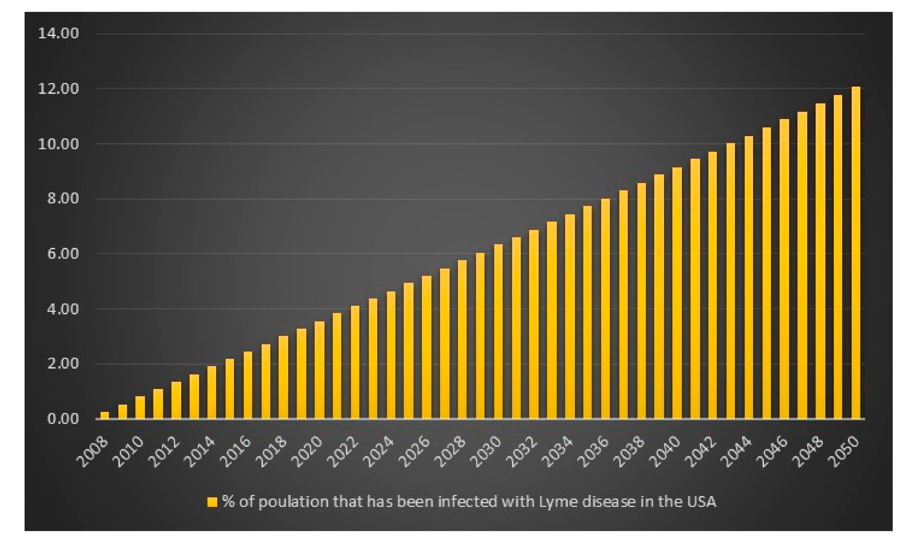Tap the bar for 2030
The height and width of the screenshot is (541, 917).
click(x=498, y=331)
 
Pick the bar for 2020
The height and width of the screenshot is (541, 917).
click(x=319, y=370)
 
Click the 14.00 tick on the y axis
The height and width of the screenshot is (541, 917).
click(x=59, y=34)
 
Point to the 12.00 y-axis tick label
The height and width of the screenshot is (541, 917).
click(x=59, y=89)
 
